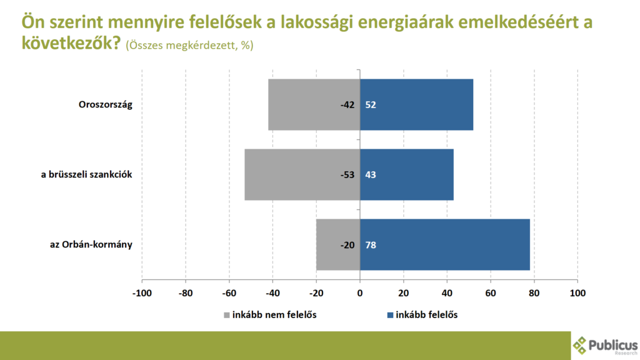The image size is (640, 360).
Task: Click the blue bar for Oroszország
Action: coord(416,104)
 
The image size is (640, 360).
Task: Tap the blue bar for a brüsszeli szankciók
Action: coord(406,174)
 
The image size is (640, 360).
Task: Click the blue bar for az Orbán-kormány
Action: coord(444,244)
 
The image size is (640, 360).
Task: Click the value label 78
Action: coord(371,245)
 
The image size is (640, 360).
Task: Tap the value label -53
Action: coord(347,175)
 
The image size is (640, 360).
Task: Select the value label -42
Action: coord(347,105)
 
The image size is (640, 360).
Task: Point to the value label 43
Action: coord(371,175)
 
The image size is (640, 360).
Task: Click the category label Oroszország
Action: coord(105,104)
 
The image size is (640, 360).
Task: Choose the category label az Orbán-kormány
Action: coord(91,244)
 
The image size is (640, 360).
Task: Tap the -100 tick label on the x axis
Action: coord(142,292)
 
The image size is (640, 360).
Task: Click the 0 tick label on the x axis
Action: coord(360,292)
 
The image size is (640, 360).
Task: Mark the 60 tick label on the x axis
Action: coord(491,292)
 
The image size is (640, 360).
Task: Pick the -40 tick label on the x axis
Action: coord(272,292)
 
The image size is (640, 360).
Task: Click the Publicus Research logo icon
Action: coord(581,344)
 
